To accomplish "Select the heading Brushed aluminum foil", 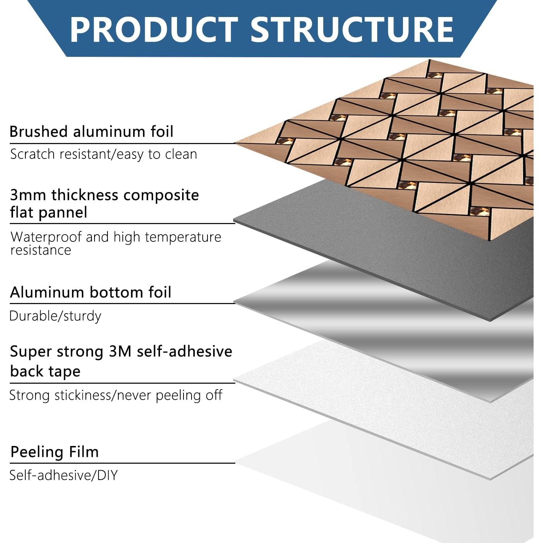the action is click(91, 131).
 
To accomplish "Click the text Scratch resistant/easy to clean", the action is click(104, 154).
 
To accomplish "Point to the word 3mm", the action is click(28, 195).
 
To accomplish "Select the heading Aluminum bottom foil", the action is click(90, 292).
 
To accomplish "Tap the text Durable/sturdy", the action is click(55, 316).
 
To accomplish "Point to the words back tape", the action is click(45, 371).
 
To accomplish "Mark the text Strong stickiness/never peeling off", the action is click(116, 395).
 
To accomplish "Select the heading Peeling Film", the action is click(55, 452).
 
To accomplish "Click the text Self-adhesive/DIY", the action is click(64, 475).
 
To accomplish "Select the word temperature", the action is click(182, 237).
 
